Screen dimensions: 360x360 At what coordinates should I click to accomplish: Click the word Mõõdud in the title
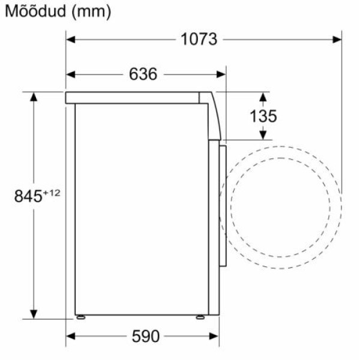[x=35, y=11]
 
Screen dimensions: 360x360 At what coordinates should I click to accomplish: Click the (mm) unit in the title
[x=91, y=11]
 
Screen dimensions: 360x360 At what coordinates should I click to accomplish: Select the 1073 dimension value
[x=199, y=39]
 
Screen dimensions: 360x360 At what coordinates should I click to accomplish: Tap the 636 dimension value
[x=143, y=74]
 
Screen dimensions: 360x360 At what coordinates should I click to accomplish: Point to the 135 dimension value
[x=263, y=116]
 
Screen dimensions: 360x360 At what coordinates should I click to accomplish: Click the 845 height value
[x=28, y=196]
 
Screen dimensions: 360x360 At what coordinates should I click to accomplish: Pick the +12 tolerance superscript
[x=52, y=193]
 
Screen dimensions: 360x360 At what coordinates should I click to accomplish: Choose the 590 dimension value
[x=145, y=337]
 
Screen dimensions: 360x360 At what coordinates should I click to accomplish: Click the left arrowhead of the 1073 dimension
[x=70, y=40]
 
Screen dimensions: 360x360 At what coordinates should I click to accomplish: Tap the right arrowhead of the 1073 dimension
[x=337, y=40]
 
